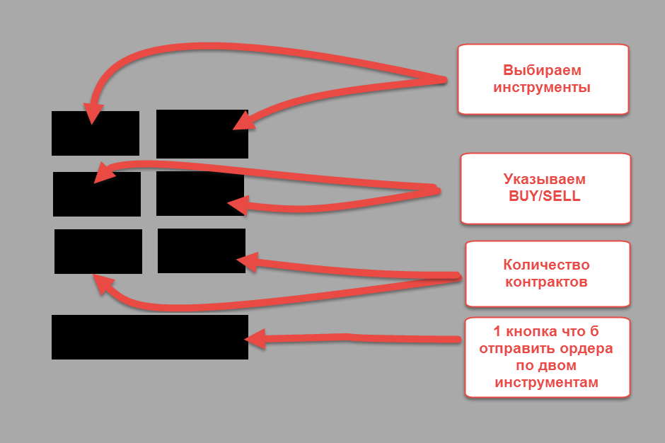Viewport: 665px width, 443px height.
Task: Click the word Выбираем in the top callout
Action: (542, 71)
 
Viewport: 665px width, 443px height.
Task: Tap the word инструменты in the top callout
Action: (542, 88)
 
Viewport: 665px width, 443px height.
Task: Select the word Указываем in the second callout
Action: (544, 179)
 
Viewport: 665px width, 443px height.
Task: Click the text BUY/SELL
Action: (544, 197)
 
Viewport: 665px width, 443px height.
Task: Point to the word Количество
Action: (546, 265)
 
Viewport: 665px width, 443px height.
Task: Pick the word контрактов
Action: (546, 282)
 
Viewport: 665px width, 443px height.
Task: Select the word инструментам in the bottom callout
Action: (546, 383)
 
